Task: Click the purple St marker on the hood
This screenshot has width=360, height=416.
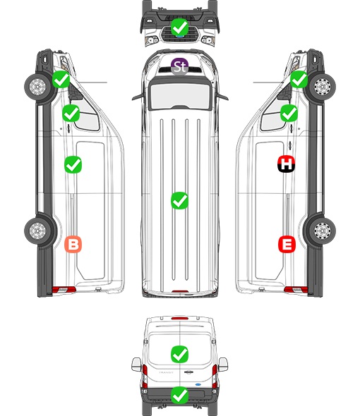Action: coord(179,66)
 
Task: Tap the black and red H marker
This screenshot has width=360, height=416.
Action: coord(286,164)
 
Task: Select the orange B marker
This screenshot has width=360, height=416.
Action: coord(73,244)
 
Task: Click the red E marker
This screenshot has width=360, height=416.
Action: coord(287,244)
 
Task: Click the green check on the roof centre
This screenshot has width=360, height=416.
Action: coord(179,200)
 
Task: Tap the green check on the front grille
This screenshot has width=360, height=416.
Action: coord(179,27)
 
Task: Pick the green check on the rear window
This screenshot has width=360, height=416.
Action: coord(179,354)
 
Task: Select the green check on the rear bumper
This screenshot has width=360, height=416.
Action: coord(179,396)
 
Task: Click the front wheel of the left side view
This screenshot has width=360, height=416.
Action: coord(37,87)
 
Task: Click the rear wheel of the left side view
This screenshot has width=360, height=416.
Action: coord(37,231)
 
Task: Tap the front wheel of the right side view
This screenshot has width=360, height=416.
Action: coord(323,87)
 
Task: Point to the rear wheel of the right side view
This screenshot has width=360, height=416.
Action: coord(323,231)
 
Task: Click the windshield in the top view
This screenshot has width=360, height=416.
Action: coord(180,96)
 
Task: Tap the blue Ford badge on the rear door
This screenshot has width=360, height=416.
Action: coord(198,384)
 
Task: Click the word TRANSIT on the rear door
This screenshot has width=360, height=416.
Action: coord(166,372)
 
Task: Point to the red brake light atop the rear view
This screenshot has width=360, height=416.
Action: coord(180,318)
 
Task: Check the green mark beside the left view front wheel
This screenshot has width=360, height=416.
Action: coord(61,80)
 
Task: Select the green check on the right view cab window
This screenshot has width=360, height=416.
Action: coord(289,113)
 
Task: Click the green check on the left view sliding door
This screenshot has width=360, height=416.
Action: coord(73,165)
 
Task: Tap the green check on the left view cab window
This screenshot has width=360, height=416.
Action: coord(71,113)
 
